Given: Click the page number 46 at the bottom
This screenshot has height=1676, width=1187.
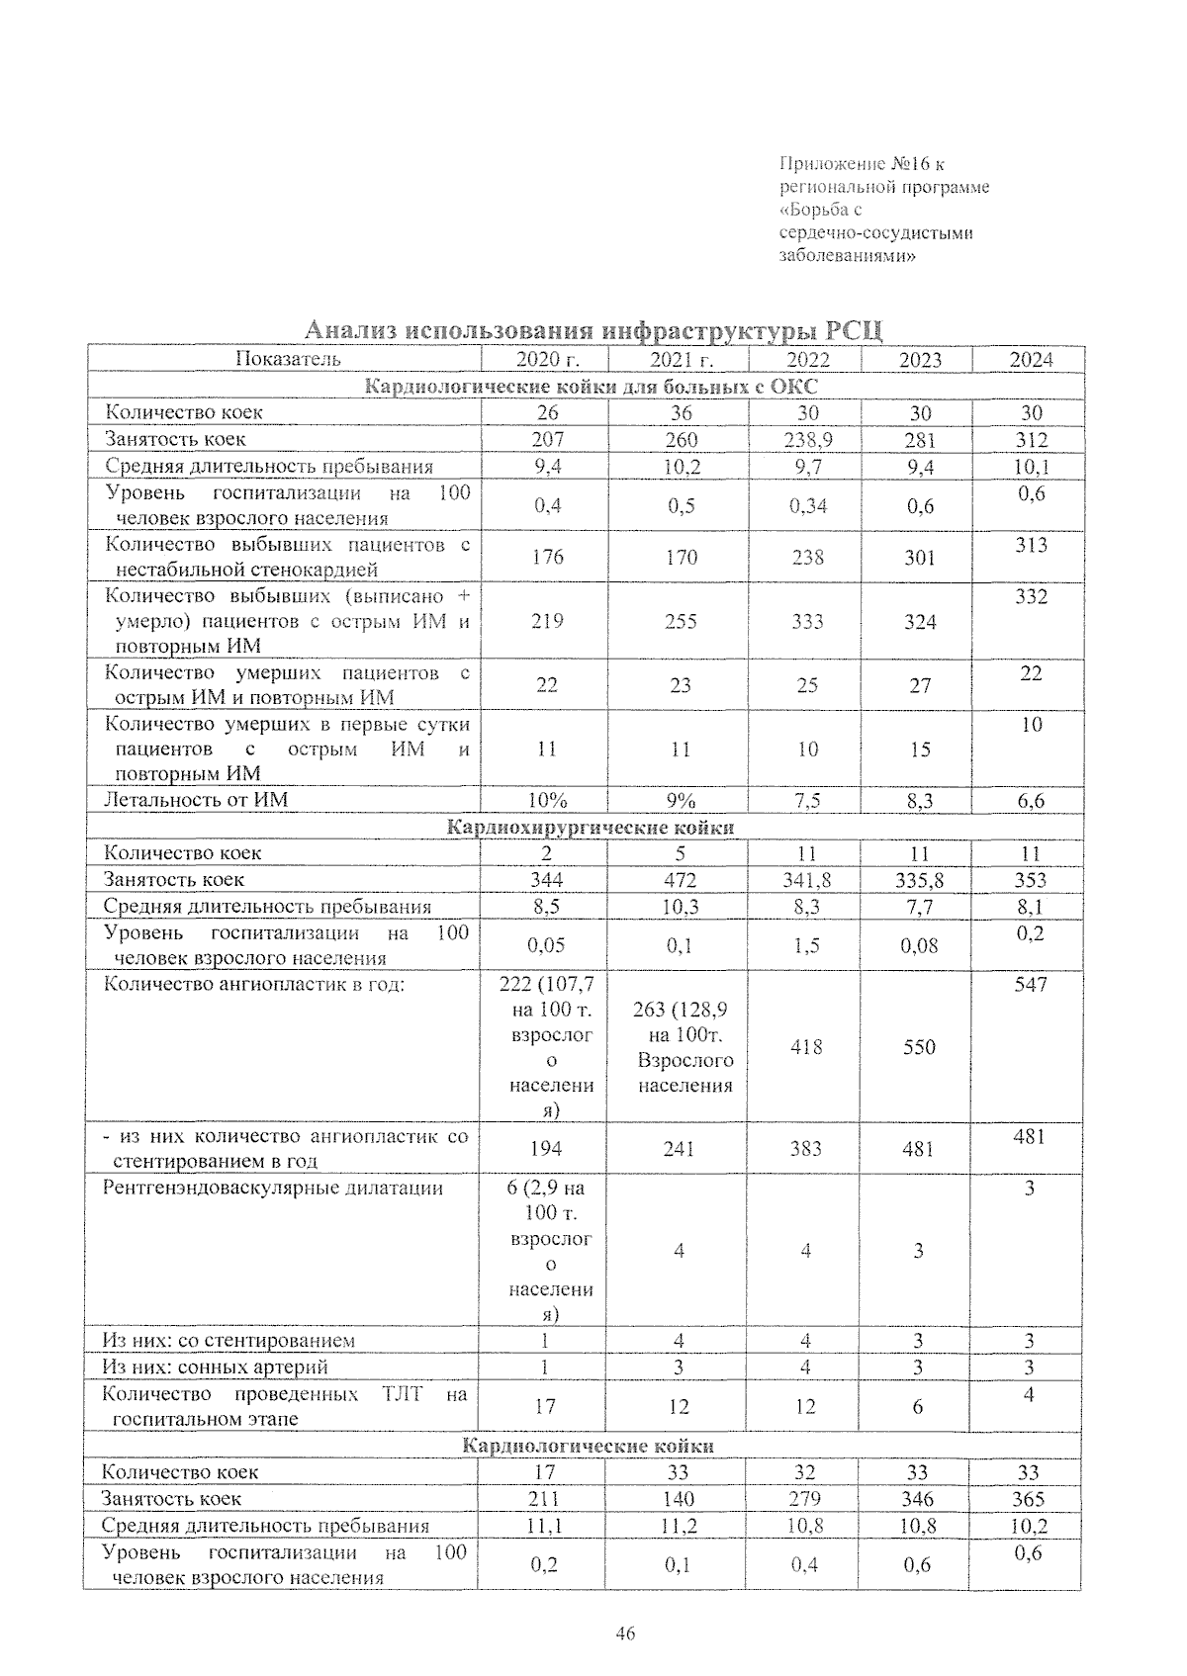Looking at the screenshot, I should (624, 1633).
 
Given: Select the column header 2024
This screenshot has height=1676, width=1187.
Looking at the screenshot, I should (1031, 360).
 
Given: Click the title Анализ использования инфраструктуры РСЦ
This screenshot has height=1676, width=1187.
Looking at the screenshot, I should (593, 330).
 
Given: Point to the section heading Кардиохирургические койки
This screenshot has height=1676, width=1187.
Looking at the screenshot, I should (591, 828).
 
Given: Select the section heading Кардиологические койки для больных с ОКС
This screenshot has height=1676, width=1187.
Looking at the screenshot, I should (592, 387).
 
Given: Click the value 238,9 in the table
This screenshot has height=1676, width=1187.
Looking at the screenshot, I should (807, 440).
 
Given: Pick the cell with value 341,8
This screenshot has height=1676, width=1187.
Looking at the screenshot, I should (807, 880).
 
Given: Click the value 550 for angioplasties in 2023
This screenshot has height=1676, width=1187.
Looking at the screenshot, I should (919, 1047).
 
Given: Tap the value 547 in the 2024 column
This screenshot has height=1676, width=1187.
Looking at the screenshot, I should (1030, 985).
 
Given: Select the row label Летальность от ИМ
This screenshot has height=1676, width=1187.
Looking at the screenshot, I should (197, 799).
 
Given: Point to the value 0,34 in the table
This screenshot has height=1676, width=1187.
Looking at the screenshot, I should (807, 506).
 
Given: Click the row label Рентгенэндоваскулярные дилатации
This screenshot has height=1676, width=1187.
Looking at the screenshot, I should (273, 1188).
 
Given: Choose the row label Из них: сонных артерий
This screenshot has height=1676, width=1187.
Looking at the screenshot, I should (216, 1367).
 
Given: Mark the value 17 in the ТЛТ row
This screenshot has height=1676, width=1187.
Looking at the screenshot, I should (545, 1406).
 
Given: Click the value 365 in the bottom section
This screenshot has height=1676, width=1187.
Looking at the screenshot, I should (1029, 1499).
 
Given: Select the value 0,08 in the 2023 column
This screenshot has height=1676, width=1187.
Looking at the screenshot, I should (919, 946).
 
